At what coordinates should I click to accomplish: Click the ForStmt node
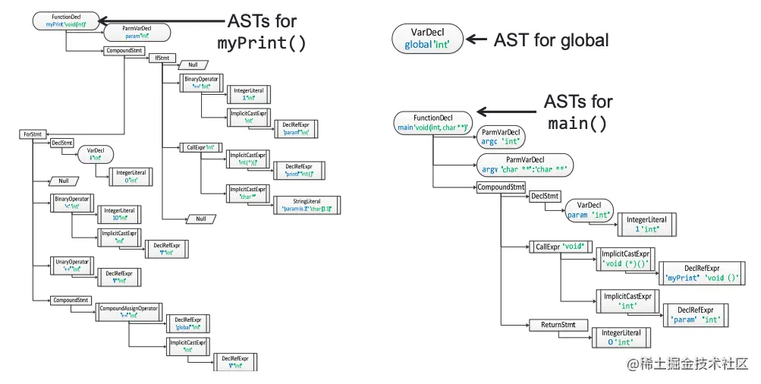(32, 134)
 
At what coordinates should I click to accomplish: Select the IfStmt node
(162, 58)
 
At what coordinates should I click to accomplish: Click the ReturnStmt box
(558, 325)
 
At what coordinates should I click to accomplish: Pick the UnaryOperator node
(72, 265)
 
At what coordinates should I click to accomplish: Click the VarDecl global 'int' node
(426, 38)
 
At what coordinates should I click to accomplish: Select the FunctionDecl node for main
(432, 122)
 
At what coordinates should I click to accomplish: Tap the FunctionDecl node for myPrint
(66, 20)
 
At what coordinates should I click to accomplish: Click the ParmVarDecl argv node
(524, 164)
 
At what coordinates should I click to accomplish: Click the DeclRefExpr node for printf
(298, 170)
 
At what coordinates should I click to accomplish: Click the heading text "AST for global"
(551, 40)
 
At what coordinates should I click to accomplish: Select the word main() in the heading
(577, 124)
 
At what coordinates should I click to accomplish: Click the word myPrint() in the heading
(262, 43)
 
